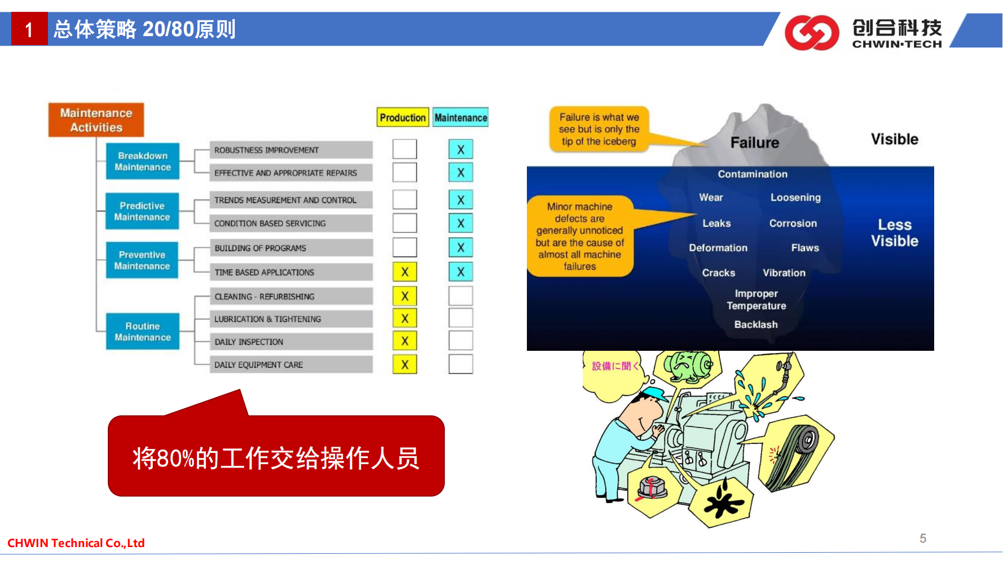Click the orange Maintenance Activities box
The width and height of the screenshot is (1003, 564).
[96, 120]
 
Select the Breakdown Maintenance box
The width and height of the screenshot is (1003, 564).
[143, 161]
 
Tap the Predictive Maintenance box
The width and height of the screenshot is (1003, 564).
[142, 211]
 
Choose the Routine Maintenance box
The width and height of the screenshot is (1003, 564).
[143, 332]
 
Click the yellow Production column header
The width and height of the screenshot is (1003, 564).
[403, 117]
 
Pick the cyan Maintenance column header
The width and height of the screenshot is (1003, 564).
[461, 117]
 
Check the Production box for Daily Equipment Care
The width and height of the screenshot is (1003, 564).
[404, 364]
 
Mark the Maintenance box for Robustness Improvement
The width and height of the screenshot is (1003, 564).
[461, 149]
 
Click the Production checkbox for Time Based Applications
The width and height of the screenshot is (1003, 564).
[404, 272]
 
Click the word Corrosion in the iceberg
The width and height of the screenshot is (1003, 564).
[793, 223]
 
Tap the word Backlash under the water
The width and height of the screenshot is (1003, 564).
[756, 324]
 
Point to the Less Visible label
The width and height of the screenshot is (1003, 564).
[895, 233]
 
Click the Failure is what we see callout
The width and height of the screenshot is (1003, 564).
[599, 129]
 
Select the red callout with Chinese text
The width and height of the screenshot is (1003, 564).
[276, 456]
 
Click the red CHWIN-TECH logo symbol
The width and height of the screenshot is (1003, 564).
[812, 33]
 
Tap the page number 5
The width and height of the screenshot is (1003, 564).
[923, 538]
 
